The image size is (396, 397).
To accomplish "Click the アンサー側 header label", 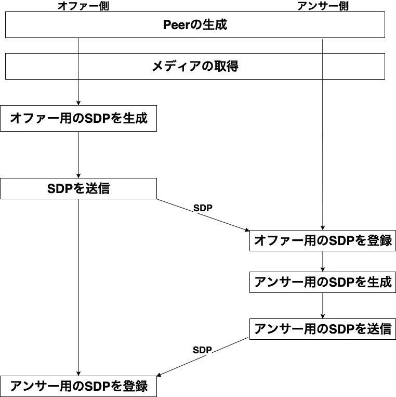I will coord(323,6).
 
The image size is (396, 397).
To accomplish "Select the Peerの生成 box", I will coord(195,24).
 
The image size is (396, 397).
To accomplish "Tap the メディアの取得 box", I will coord(195,66).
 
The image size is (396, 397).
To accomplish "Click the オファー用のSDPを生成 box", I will coord(78,119).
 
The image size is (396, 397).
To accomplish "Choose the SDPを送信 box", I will coord(78,188).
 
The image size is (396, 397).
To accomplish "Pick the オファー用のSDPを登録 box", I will coord(322,241).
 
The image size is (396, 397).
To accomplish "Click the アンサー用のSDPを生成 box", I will coord(322,282).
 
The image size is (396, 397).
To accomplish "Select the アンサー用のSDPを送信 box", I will coord(322,329).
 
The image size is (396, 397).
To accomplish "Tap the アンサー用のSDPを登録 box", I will coord(78,386).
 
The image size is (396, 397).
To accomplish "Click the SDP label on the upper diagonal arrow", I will coord(203,207).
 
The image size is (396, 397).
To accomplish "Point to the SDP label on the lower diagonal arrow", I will coord(202,350).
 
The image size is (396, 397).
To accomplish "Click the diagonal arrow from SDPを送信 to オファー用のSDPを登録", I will coord(203,214).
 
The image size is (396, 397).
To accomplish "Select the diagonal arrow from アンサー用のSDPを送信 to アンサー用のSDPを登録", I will coord(203,357).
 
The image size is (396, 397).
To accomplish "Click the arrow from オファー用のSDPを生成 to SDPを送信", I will coord(78,155).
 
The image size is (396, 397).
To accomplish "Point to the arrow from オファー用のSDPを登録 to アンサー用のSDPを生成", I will coord(323,262).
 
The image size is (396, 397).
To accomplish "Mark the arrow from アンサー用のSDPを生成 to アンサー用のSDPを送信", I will coord(323,305).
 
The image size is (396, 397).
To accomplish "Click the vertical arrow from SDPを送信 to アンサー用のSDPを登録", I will coord(78,286).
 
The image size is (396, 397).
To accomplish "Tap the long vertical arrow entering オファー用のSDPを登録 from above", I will coord(323,156).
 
